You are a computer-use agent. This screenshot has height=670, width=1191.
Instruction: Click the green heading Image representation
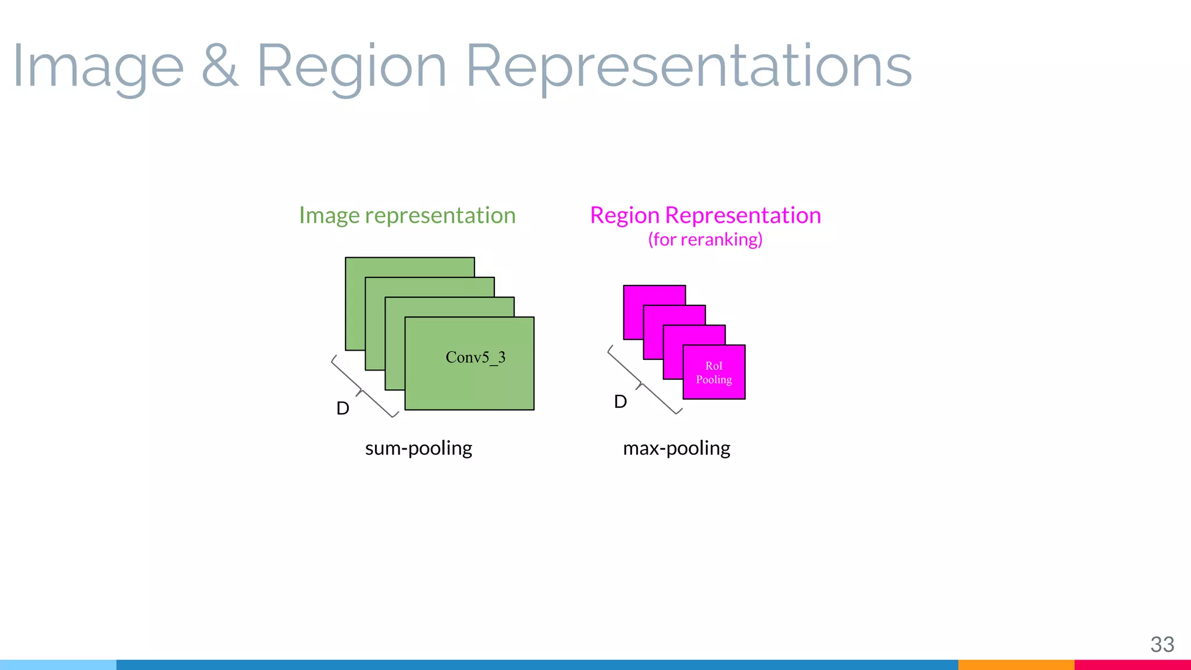pyautogui.click(x=407, y=215)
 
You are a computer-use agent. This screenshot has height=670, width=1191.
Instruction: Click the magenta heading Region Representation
pyautogui.click(x=705, y=215)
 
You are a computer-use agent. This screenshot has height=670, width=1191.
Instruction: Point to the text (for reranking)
pyautogui.click(x=705, y=239)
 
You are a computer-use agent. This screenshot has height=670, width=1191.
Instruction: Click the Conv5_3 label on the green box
pyautogui.click(x=475, y=357)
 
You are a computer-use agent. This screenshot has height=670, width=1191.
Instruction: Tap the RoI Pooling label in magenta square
pyautogui.click(x=714, y=372)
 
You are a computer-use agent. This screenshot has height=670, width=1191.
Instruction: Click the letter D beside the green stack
pyautogui.click(x=343, y=408)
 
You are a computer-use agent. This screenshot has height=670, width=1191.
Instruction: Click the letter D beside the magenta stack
pyautogui.click(x=621, y=401)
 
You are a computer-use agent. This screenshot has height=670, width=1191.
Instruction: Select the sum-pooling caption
pyautogui.click(x=418, y=448)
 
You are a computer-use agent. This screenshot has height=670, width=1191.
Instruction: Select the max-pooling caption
pyautogui.click(x=676, y=448)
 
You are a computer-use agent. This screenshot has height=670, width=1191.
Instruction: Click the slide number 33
pyautogui.click(x=1162, y=644)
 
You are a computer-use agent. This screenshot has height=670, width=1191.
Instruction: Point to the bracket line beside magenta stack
pyautogui.click(x=642, y=382)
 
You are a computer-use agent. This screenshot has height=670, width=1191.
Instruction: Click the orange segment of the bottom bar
pyautogui.click(x=1015, y=664)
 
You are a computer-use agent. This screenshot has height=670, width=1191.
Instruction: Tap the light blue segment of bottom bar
pyautogui.click(x=58, y=664)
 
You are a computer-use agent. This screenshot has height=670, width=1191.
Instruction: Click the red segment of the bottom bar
pyautogui.click(x=1132, y=664)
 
